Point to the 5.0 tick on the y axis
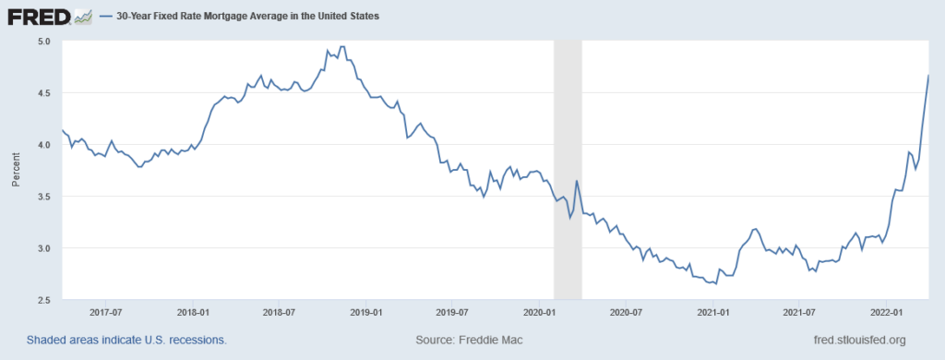pyautogui.click(x=44, y=42)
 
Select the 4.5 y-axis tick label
pyautogui.click(x=44, y=93)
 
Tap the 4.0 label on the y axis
pyautogui.click(x=44, y=145)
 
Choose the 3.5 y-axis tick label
pyautogui.click(x=44, y=197)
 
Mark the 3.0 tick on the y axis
pyautogui.click(x=44, y=248)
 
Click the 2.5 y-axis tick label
pyautogui.click(x=44, y=300)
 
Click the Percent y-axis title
pyautogui.click(x=16, y=171)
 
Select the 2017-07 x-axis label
pyautogui.click(x=107, y=313)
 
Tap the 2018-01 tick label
pyautogui.click(x=195, y=313)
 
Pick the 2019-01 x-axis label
pyautogui.click(x=367, y=313)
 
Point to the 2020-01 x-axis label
pyautogui.click(x=540, y=313)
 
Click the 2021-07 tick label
pyautogui.click(x=800, y=313)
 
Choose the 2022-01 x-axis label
pyautogui.click(x=887, y=313)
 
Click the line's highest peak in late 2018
pyautogui.click(x=342, y=47)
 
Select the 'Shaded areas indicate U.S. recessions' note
pyautogui.click(x=126, y=340)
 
